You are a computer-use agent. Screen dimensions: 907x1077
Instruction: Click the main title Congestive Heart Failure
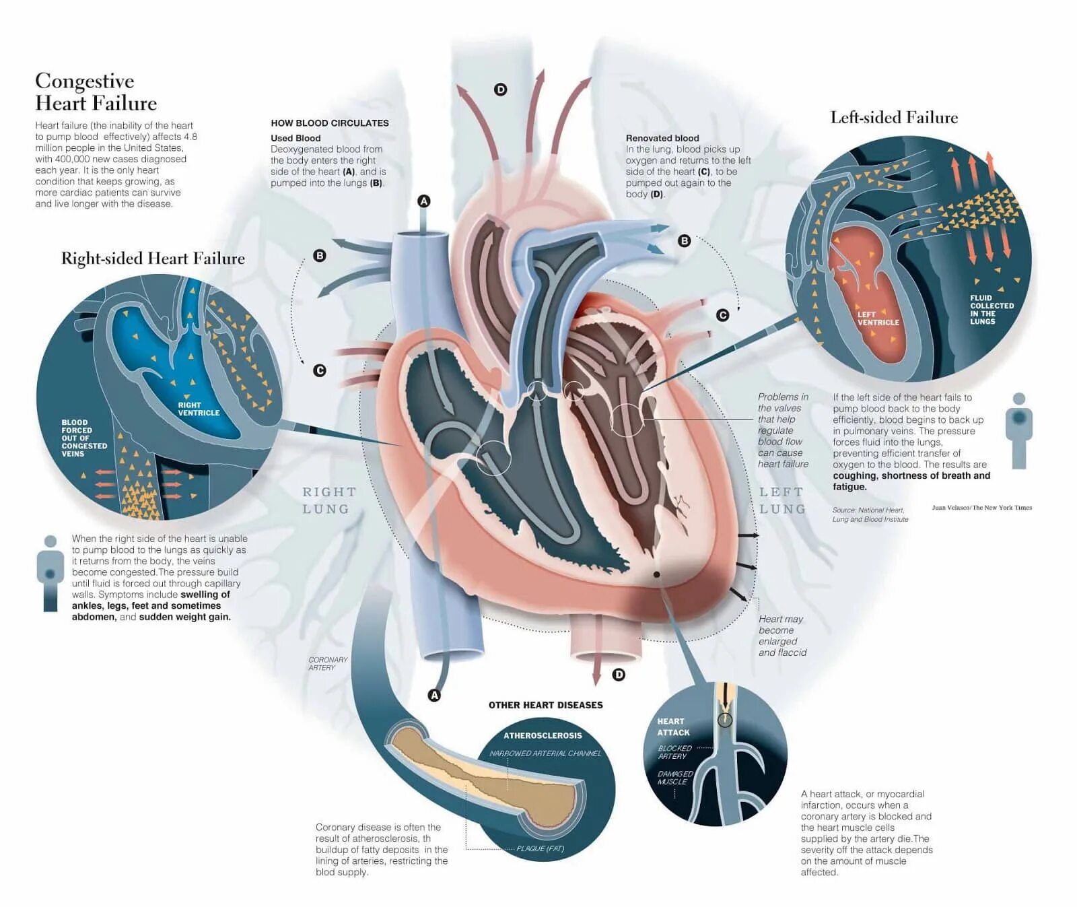(x=96, y=92)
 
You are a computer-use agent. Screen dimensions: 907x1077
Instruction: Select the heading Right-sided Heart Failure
(x=153, y=259)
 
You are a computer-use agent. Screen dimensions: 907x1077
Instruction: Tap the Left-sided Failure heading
(x=894, y=118)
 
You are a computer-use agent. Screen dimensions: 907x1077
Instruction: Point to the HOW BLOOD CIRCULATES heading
(x=330, y=123)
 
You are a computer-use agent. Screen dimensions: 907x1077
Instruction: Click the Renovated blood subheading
(x=662, y=138)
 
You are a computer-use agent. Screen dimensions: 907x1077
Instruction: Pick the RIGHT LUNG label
(x=328, y=500)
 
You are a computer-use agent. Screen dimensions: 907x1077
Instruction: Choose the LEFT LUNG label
(x=782, y=500)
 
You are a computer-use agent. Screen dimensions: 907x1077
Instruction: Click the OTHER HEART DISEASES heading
(x=545, y=705)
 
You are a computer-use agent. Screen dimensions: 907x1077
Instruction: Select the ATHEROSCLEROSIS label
(x=543, y=735)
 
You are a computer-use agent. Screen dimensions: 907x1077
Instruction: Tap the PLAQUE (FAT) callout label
(x=540, y=848)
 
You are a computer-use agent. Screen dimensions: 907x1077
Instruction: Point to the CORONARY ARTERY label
(x=328, y=663)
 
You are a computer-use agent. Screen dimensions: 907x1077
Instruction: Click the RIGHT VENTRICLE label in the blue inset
(x=199, y=409)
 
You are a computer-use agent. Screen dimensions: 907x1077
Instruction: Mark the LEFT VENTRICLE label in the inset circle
(x=878, y=318)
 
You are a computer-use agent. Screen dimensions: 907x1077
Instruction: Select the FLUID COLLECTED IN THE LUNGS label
(x=992, y=309)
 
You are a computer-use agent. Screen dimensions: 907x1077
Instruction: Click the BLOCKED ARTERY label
(x=674, y=752)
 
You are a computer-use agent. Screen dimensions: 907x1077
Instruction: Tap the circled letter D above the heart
(x=500, y=90)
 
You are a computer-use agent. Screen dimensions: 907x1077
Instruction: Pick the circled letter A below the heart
(x=435, y=695)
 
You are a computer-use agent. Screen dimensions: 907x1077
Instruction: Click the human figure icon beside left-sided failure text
(x=1018, y=431)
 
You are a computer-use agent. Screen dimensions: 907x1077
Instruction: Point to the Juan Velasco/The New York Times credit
(x=981, y=508)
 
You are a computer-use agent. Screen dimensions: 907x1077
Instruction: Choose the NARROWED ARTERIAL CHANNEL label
(x=545, y=753)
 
